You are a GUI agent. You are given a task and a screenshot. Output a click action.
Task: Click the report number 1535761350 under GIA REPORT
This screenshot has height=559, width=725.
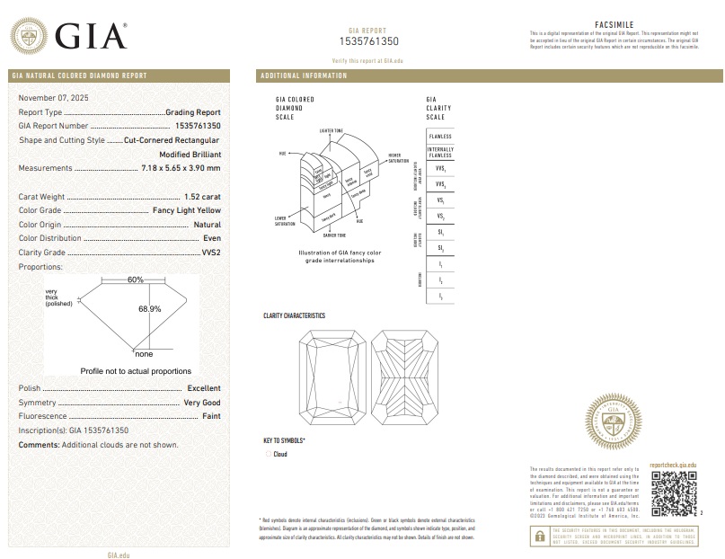tap(368, 41)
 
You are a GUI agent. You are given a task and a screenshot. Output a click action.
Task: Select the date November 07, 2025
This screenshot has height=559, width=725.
tap(54, 97)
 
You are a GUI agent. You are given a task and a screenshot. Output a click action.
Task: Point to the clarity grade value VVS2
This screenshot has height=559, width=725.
tap(210, 253)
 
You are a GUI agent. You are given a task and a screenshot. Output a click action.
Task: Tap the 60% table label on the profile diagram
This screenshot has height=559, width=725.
tap(135, 279)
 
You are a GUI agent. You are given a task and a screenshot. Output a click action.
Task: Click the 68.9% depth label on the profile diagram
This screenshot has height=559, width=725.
tap(149, 308)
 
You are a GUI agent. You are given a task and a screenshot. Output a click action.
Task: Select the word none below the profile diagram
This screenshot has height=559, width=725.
tap(143, 353)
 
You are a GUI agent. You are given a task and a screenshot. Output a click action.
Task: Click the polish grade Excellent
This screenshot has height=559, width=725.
tap(204, 387)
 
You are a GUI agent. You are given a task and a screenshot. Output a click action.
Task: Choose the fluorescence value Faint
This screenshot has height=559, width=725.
tap(211, 417)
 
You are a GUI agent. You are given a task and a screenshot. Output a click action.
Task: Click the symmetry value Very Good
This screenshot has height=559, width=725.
tap(202, 403)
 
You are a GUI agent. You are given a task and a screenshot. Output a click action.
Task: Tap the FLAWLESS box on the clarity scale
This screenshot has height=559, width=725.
tap(440, 136)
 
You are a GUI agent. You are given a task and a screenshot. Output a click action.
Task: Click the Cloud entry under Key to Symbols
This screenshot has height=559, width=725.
tap(279, 455)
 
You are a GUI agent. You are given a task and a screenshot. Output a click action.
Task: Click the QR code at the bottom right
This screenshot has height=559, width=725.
tap(673, 492)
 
